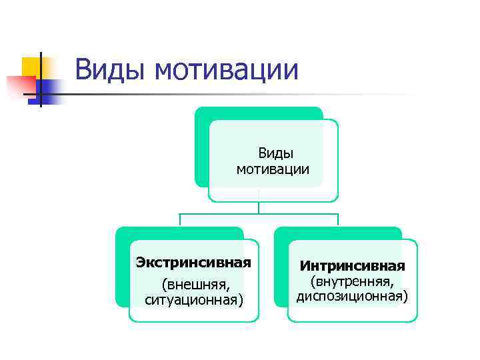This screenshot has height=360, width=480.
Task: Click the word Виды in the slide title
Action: click(x=110, y=70)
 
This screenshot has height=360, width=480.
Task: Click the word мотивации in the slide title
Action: click(x=225, y=70)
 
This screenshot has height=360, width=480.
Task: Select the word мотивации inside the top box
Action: click(x=273, y=169)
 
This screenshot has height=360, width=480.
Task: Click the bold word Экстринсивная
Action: click(x=193, y=262)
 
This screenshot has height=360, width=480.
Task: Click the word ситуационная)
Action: click(x=194, y=300)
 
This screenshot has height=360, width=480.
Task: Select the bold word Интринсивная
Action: click(x=352, y=266)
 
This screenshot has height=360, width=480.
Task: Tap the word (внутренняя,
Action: click(x=352, y=281)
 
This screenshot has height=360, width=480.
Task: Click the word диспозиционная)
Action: click(x=352, y=296)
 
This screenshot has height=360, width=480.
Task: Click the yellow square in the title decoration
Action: click(x=31, y=66)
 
